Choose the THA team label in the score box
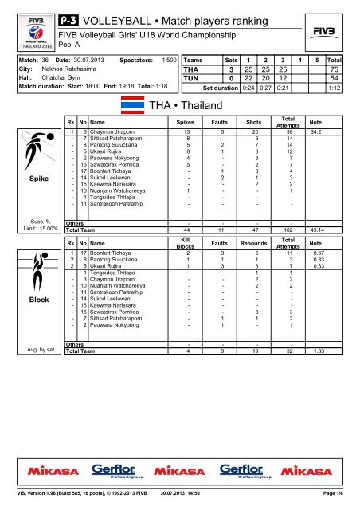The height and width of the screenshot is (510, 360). coord(194,70)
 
